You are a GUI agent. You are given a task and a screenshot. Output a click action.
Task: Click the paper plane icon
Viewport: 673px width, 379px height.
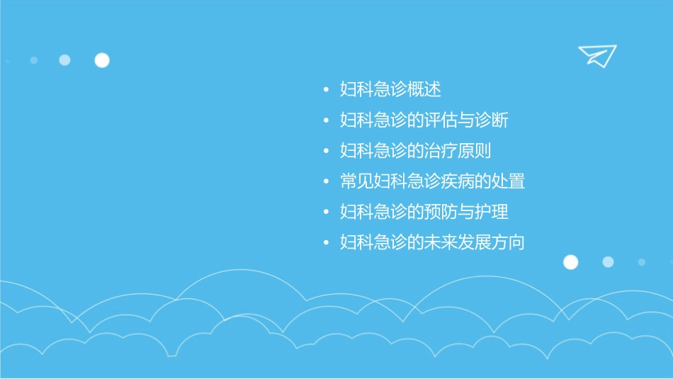596,55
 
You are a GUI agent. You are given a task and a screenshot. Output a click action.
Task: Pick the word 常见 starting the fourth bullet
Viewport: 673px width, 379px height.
357,181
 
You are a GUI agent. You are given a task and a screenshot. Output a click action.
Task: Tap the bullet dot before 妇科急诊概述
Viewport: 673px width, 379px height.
325,91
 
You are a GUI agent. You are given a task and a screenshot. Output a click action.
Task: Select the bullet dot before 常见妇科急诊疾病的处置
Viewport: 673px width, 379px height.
325,182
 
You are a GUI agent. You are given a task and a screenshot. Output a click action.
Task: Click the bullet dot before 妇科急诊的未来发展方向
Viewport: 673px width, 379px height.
325,243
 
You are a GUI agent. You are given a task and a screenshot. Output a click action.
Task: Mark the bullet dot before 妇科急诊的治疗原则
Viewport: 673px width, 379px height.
325,152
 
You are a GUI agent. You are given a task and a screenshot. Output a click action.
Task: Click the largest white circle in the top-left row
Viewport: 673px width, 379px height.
102,60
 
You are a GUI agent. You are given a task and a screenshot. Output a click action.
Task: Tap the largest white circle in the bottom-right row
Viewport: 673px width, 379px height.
570,262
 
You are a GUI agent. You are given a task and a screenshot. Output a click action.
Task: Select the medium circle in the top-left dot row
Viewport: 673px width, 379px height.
64,60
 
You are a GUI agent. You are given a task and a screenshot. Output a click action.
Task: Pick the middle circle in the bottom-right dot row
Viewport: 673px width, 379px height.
608,262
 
